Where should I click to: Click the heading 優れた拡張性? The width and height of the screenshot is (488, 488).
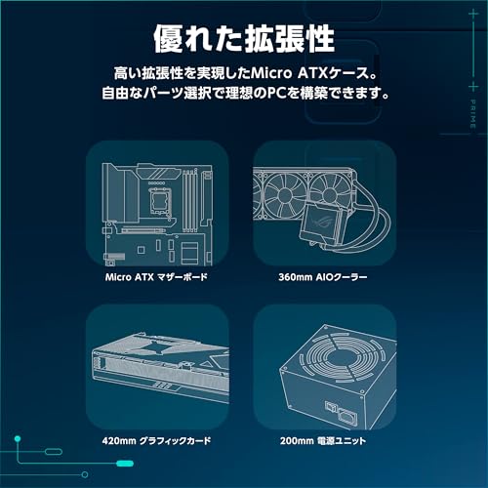pyautogui.click(x=244, y=39)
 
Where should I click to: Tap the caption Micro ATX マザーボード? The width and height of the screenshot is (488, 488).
pyautogui.click(x=156, y=277)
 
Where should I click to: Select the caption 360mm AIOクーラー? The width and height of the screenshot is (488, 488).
pyautogui.click(x=323, y=277)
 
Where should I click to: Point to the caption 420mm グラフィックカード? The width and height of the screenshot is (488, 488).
pyautogui.click(x=156, y=441)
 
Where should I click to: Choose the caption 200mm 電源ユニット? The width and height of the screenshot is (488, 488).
pyautogui.click(x=323, y=441)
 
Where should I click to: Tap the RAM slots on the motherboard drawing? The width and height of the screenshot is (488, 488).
pyautogui.click(x=189, y=201)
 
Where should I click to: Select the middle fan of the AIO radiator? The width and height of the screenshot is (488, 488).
pyautogui.click(x=285, y=195)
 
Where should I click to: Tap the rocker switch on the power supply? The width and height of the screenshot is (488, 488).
pyautogui.click(x=330, y=407)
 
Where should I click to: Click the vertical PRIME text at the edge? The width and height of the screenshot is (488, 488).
pyautogui.click(x=473, y=114)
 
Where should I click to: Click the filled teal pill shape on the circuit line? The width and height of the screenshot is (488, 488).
pyautogui.click(x=125, y=464)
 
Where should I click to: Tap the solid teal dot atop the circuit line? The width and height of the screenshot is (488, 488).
pyautogui.click(x=18, y=439)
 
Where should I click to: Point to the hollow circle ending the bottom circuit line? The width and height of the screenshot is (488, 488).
pyautogui.click(x=85, y=474)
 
